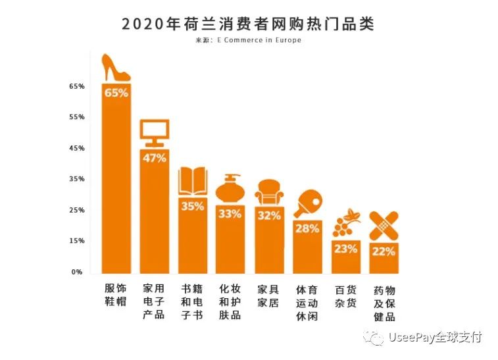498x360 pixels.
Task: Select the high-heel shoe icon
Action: pyautogui.click(x=116, y=67)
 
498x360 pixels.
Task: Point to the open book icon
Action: pyautogui.click(x=193, y=181)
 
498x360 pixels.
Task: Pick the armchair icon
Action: pyautogui.click(x=269, y=192)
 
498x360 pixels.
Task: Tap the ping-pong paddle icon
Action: pyautogui.click(x=307, y=204)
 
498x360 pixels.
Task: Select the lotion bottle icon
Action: pyautogui.click(x=231, y=189)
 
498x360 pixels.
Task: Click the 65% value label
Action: pyautogui.click(x=116, y=93)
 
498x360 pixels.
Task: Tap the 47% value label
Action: pyautogui.click(x=154, y=158)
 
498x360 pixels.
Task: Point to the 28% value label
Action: pyautogui.click(x=307, y=228)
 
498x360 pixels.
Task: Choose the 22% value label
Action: pyautogui.click(x=384, y=251)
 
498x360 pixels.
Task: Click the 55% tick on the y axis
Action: pyautogui.click(x=77, y=117)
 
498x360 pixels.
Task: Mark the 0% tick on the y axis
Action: pyautogui.click(x=78, y=272)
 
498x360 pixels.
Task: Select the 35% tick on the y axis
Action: pyautogui.click(x=77, y=179)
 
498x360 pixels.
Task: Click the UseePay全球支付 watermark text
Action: pyautogui.click(x=435, y=338)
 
